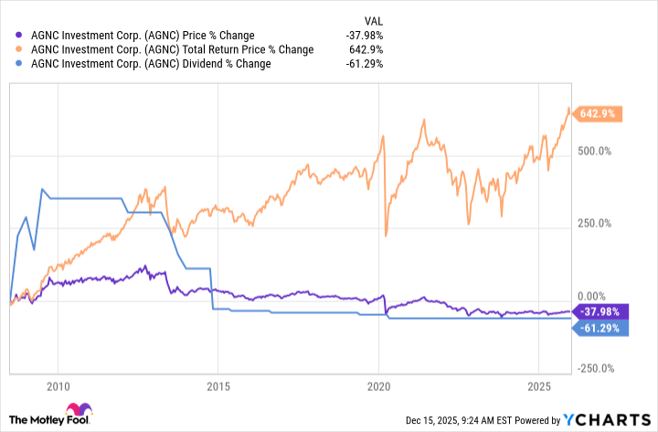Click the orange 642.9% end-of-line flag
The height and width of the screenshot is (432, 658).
point(598,114)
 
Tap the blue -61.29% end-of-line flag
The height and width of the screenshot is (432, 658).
point(599,327)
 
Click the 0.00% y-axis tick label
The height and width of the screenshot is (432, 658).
point(594,297)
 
